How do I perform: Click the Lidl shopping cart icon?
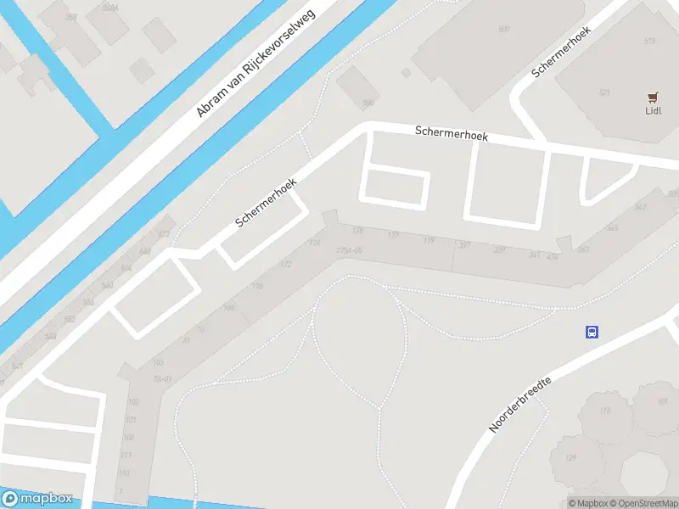tap(653, 97)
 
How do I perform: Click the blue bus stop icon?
tap(592, 332)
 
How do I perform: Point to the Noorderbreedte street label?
tap(519, 405)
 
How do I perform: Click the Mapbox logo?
tap(37, 499)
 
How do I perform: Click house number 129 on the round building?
tap(570, 459)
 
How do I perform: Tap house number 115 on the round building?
tap(604, 411)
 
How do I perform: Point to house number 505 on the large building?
tap(504, 30)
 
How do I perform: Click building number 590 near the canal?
tap(368, 103)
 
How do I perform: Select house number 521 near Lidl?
tap(604, 92)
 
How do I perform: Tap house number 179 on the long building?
tap(429, 242)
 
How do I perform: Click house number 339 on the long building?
tap(499, 250)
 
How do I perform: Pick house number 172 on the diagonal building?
tap(286, 266)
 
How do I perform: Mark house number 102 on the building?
tap(132, 402)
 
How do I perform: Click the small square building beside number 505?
tap(406, 73)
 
